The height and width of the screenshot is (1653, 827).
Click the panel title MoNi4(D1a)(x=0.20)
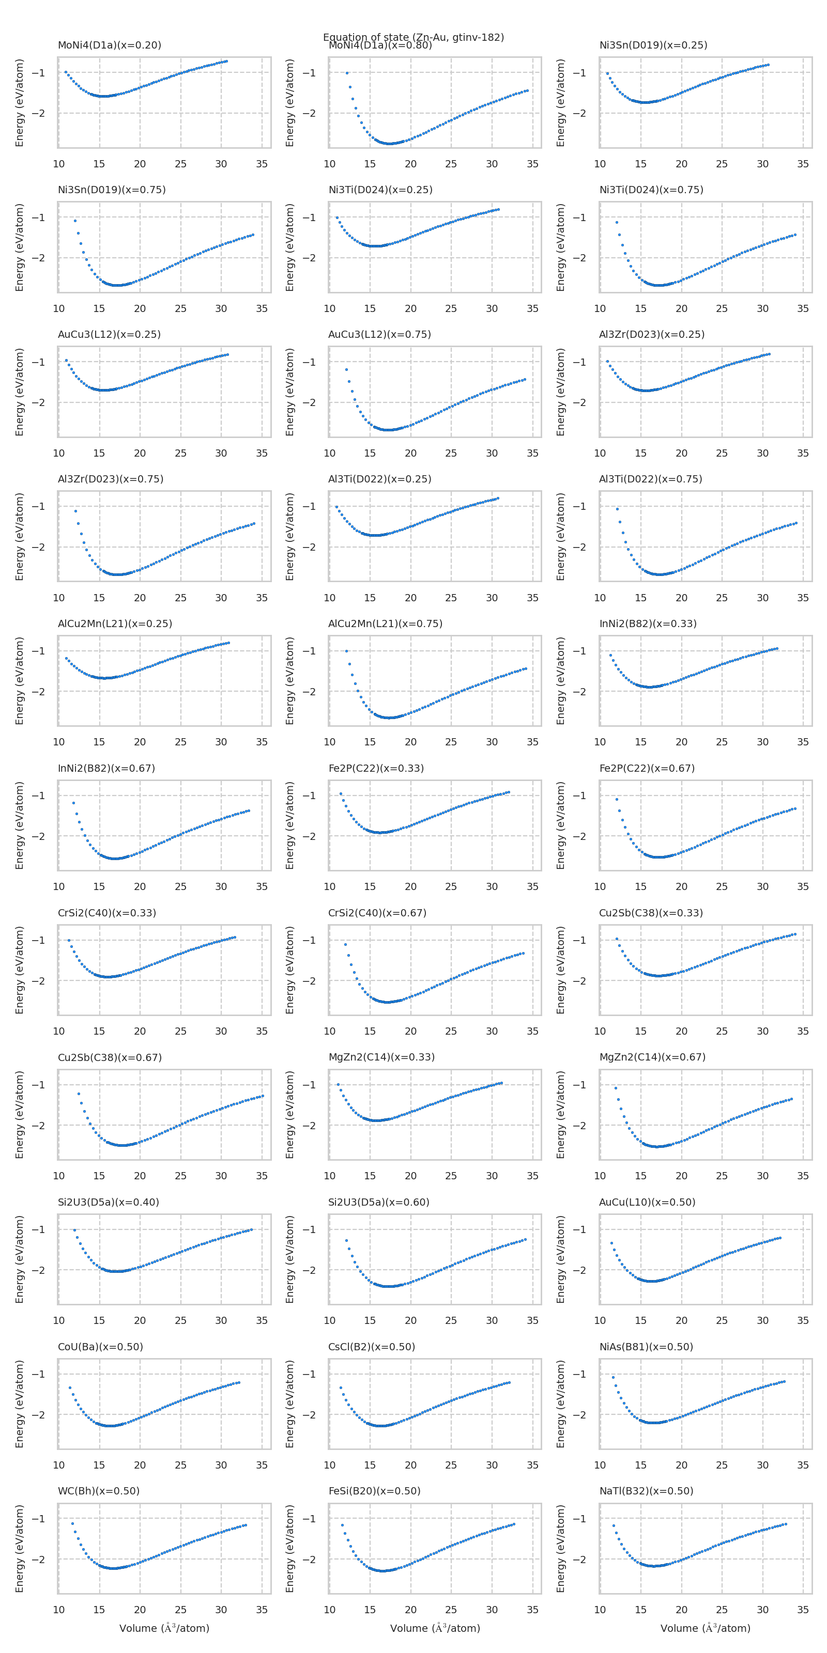pyautogui.click(x=109, y=45)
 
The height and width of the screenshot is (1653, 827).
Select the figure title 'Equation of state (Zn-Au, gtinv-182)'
pyautogui.click(x=413, y=37)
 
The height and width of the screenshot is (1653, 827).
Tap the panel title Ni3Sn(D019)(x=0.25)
pyautogui.click(x=653, y=45)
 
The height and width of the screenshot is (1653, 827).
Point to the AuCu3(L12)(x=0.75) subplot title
pyautogui.click(x=379, y=334)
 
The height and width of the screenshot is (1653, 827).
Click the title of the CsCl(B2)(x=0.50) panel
pyautogui.click(x=371, y=1346)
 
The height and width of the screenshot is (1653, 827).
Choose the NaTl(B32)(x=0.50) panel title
pyautogui.click(x=646, y=1491)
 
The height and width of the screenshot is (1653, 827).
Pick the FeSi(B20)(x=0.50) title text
pyautogui.click(x=374, y=1491)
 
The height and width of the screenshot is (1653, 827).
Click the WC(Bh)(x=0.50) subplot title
pyautogui.click(x=98, y=1491)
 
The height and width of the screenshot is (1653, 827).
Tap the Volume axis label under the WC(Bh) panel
pyautogui.click(x=164, y=1628)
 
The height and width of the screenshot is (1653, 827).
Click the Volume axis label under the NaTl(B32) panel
pyautogui.click(x=705, y=1628)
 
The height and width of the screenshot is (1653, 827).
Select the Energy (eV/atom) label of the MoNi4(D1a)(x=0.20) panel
pyautogui.click(x=19, y=103)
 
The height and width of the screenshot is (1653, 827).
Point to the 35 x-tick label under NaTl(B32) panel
pyautogui.click(x=803, y=1610)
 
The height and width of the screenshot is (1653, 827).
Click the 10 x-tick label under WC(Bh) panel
pyautogui.click(x=58, y=1610)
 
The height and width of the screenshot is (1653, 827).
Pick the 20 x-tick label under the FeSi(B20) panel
pyautogui.click(x=410, y=1610)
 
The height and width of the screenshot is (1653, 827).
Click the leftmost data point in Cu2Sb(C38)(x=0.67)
pyautogui.click(x=79, y=1094)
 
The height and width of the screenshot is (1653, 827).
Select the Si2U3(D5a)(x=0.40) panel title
pyautogui.click(x=108, y=1202)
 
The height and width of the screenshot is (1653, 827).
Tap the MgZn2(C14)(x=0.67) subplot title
pyautogui.click(x=652, y=1057)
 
